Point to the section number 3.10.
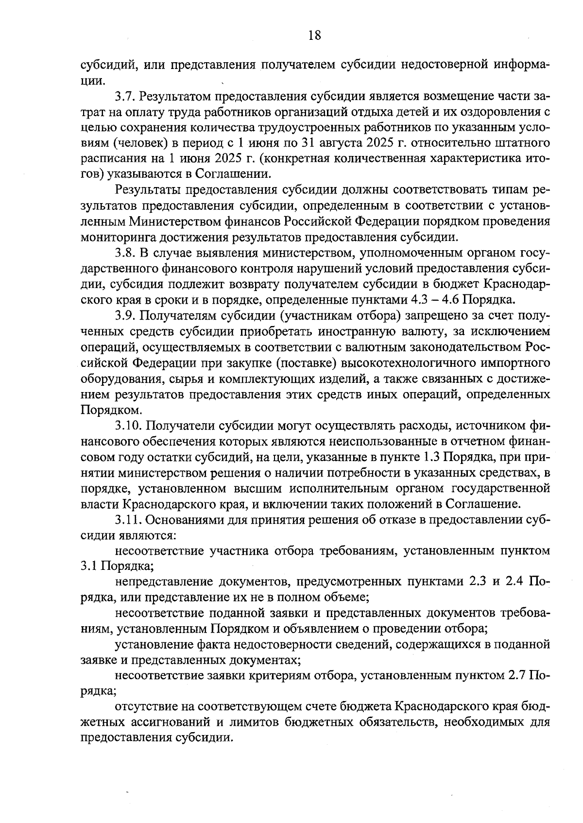pos(127,426)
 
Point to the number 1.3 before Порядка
pos(432,457)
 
